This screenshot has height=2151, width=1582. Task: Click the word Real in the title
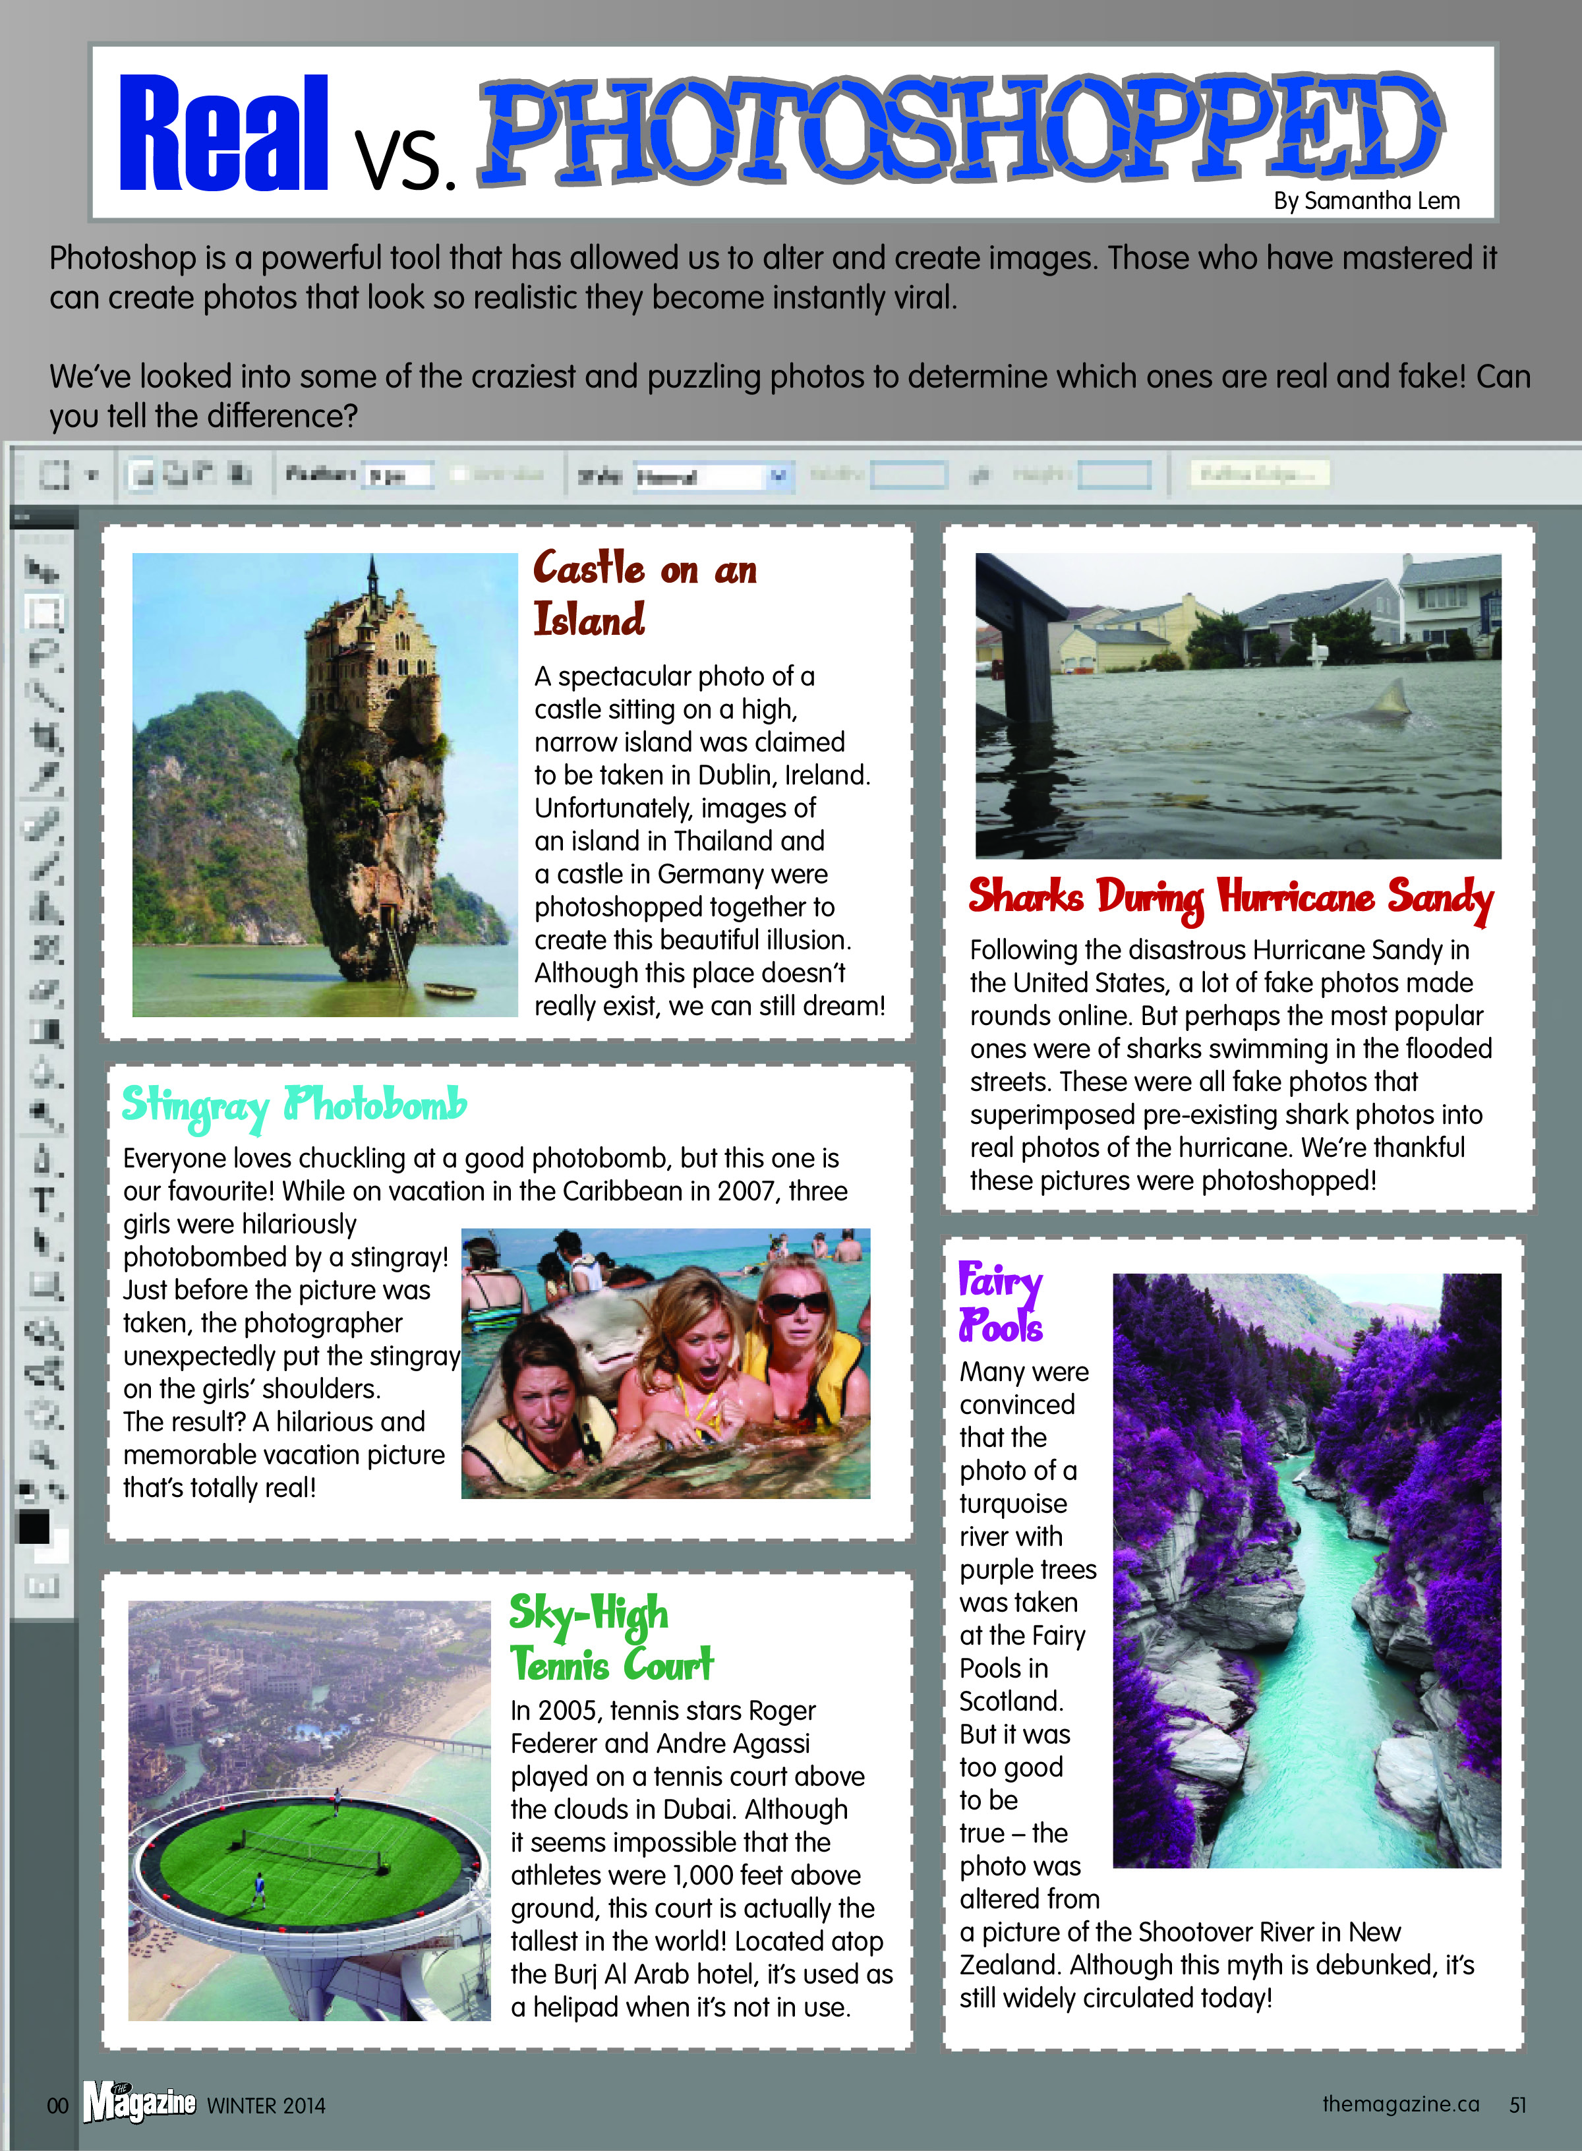pos(223,134)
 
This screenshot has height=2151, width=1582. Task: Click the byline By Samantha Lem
pos(1366,201)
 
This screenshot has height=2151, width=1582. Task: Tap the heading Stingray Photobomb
pos(294,1105)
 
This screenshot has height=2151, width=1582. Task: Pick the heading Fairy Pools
pos(1001,1303)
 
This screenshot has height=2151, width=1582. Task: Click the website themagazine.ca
pos(1400,2104)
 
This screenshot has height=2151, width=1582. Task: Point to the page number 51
pos(1518,2105)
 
